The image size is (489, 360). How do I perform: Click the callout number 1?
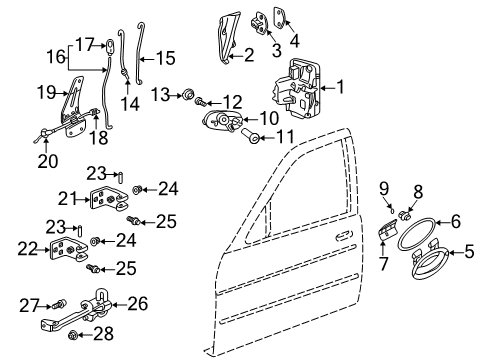pyautogui.click(x=339, y=88)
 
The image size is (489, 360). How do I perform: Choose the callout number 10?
pyautogui.click(x=269, y=118)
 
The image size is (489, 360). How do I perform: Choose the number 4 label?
pyautogui.click(x=295, y=41)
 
